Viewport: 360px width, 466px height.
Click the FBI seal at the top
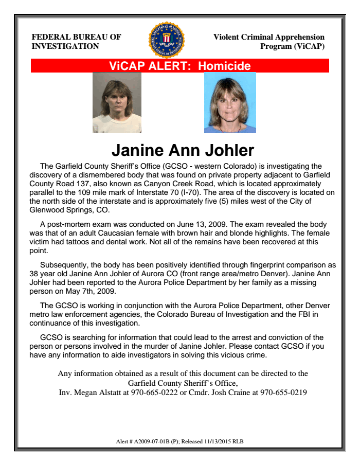[x=166, y=40]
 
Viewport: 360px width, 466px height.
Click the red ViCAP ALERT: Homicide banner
[x=180, y=66]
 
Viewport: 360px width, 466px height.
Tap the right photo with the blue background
[x=230, y=103]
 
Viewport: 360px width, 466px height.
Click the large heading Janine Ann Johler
[x=183, y=150]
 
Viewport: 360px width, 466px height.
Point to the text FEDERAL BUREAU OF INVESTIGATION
[x=77, y=42]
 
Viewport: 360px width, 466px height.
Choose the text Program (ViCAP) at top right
[x=293, y=46]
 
